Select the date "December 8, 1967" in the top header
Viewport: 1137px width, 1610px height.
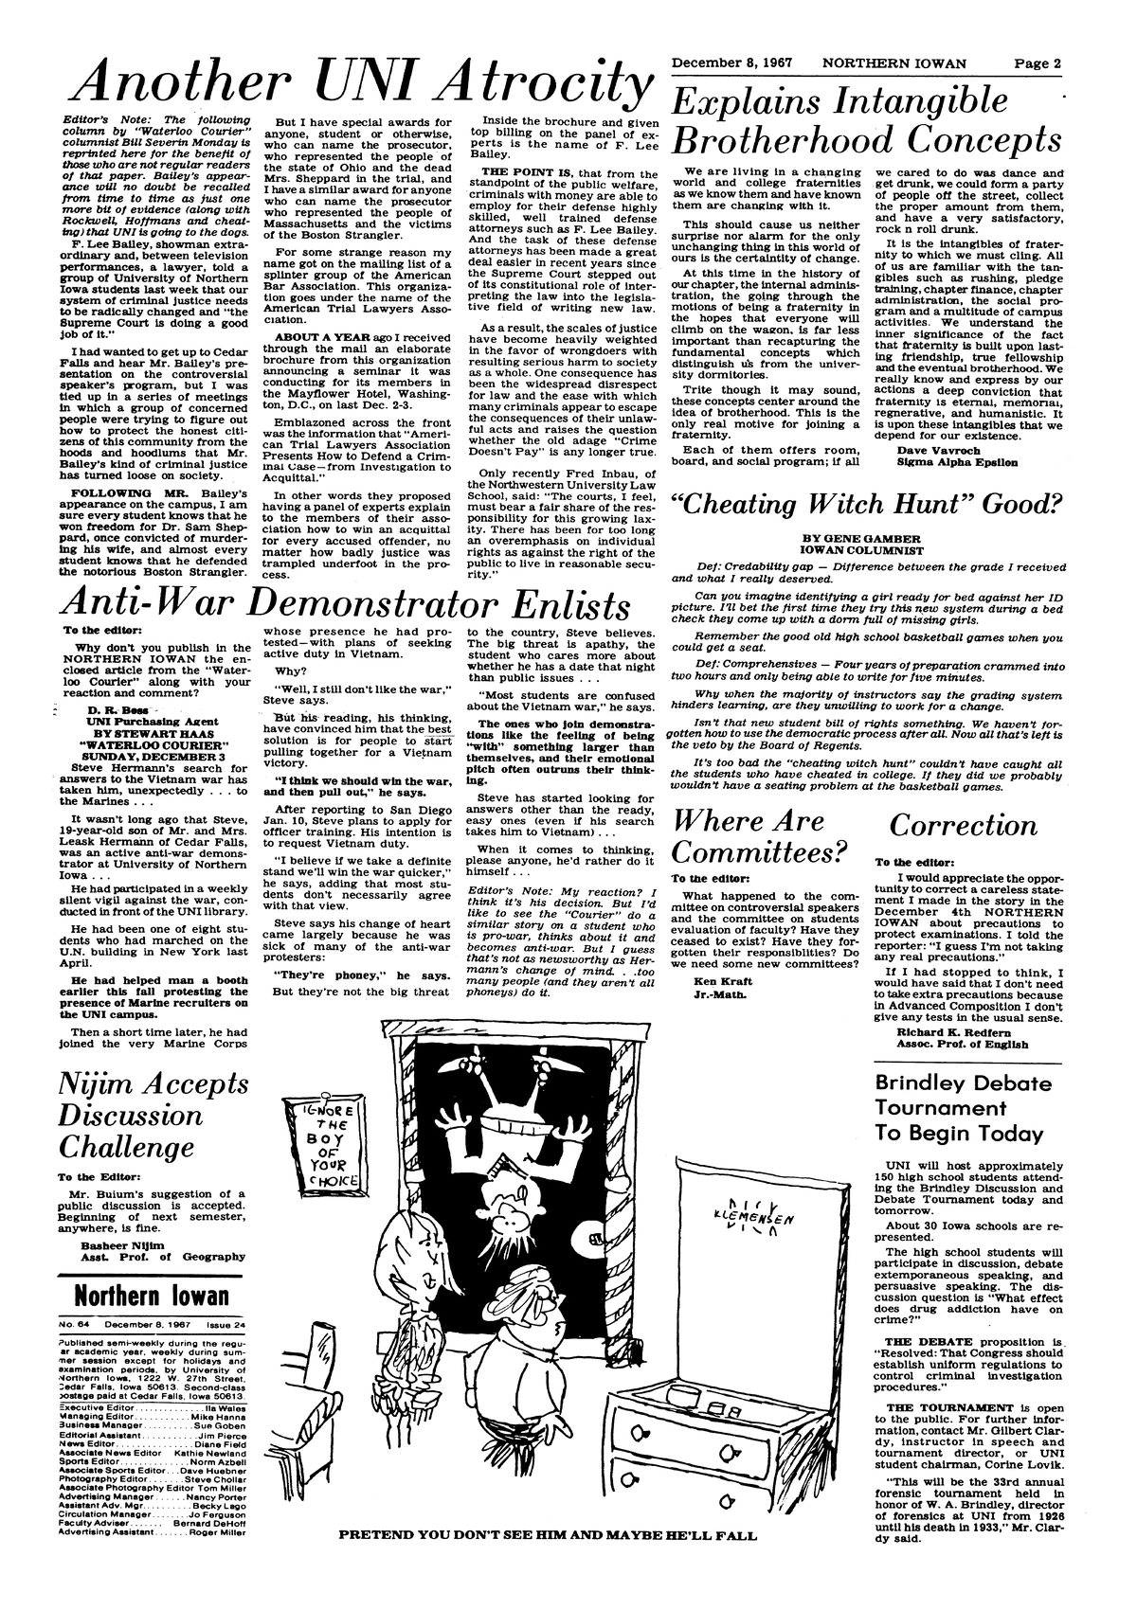(731, 63)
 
